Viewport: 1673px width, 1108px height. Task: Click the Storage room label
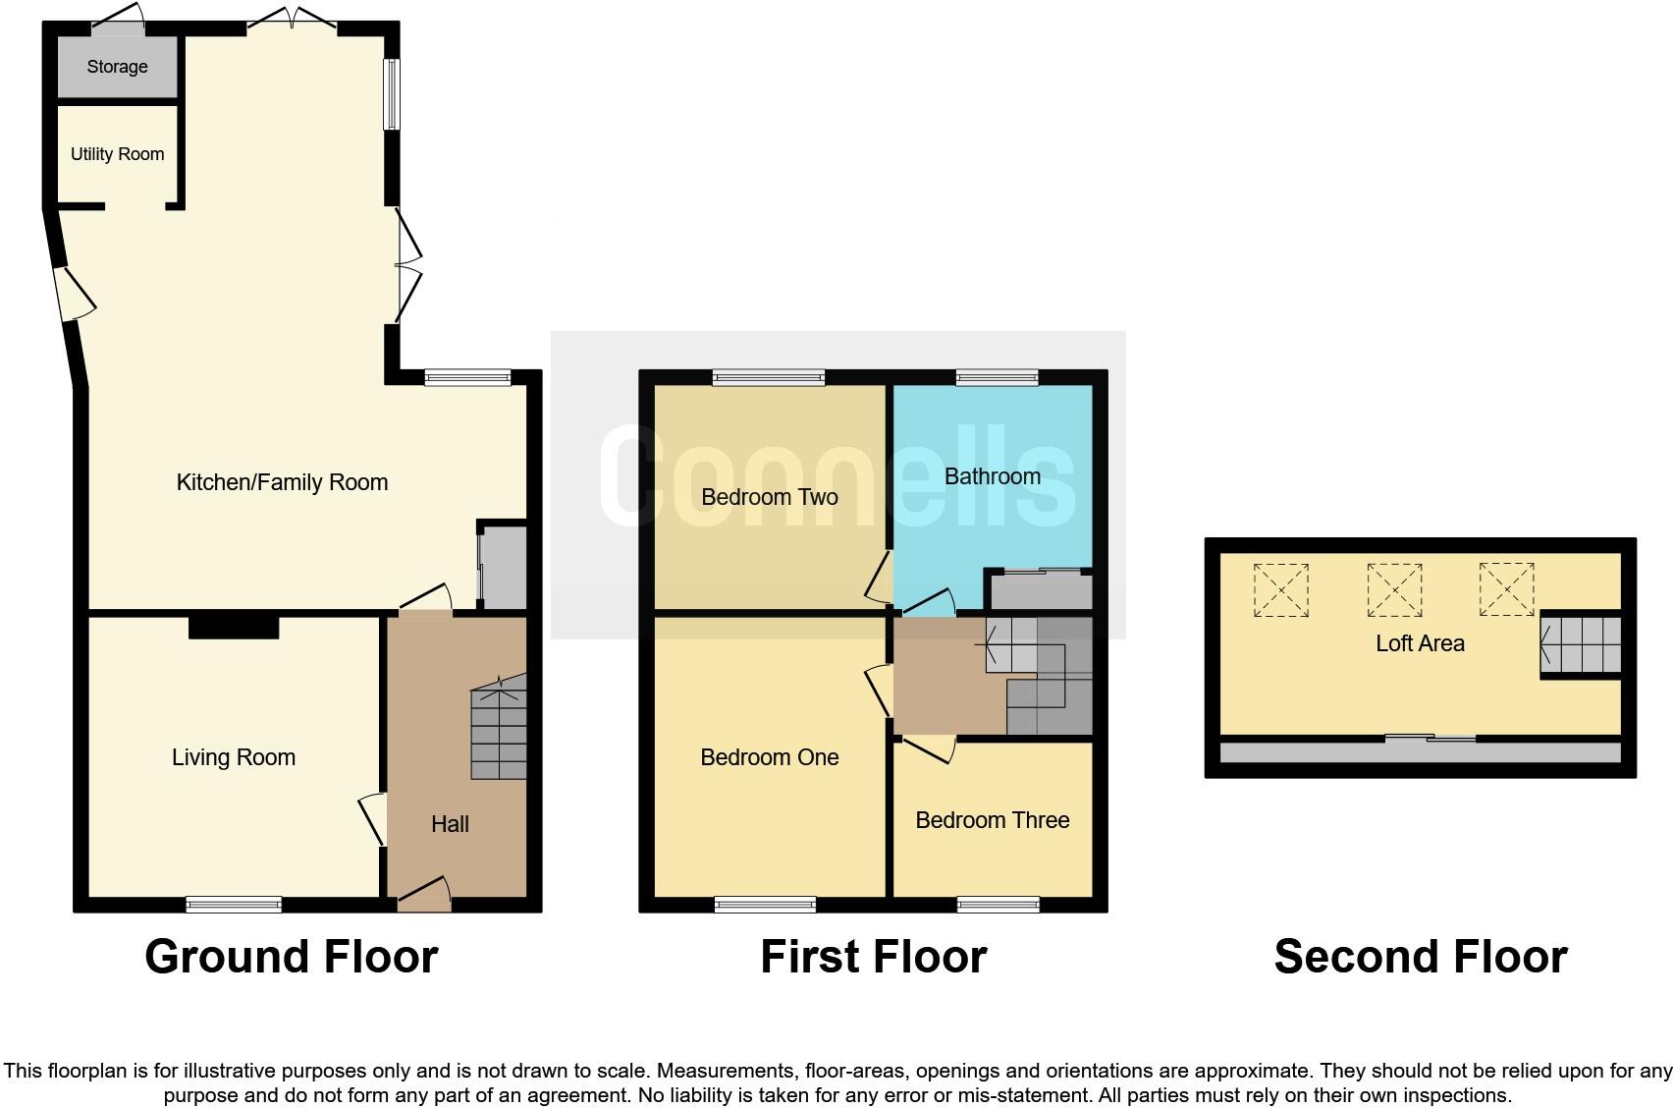pos(117,67)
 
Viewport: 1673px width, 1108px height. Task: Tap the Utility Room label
pos(117,154)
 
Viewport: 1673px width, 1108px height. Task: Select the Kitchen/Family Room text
pos(282,482)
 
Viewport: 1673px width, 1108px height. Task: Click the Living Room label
pos(233,757)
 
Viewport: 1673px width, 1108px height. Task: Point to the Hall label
pos(450,824)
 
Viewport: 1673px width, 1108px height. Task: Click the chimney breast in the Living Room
pos(234,627)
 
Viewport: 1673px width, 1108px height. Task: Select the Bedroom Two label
pos(769,497)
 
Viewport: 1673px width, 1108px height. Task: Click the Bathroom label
pos(992,476)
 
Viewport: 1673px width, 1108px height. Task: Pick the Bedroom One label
pos(769,757)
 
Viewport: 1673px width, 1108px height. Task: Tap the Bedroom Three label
pos(992,820)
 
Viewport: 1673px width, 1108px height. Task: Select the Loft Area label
pos(1420,643)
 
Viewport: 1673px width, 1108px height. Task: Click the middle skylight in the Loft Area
pos(1394,589)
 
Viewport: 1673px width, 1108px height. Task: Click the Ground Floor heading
pos(291,957)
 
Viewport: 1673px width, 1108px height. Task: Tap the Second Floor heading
pos(1420,957)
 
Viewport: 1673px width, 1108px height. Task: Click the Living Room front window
pos(234,905)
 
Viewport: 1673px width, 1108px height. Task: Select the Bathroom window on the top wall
pos(998,377)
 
